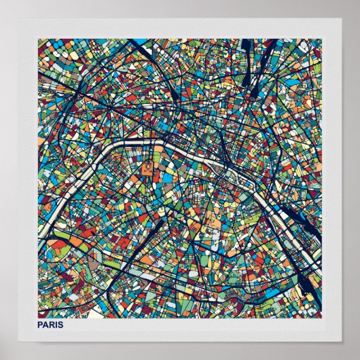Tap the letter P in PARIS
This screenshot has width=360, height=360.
[41, 325]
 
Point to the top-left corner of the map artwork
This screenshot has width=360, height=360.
[39, 39]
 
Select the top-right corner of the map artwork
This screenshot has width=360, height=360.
[322, 39]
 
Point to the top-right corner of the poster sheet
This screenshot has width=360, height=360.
[341, 18]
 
